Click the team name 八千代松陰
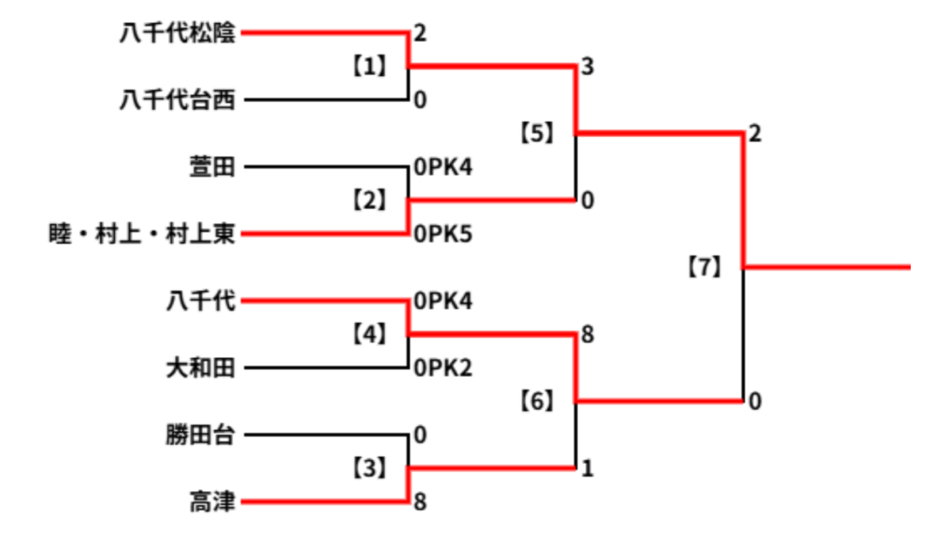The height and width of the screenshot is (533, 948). point(177,32)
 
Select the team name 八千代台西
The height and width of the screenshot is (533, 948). point(177,100)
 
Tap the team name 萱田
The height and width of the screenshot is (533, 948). point(212,167)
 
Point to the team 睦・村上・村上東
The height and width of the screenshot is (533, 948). point(142,234)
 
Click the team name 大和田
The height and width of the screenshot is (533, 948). point(201,367)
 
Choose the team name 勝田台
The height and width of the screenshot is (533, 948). point(201,435)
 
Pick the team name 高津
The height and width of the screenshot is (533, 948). point(212,502)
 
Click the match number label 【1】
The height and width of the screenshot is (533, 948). point(369,66)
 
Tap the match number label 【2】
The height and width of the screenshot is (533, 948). point(369,200)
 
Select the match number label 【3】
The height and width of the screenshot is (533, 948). point(369,467)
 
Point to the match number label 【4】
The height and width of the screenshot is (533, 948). point(369,333)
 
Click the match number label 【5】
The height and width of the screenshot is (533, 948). point(537,133)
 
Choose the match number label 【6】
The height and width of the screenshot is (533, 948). point(537,401)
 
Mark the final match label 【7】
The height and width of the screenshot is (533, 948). point(705,266)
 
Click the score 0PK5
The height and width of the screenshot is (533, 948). point(443,234)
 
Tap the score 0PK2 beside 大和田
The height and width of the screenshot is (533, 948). point(443,367)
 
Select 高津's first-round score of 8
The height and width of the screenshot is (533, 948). point(420,502)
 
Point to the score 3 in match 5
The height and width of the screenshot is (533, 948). point(588,67)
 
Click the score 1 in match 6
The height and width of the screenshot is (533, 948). point(587,467)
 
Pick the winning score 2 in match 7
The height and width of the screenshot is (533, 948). point(755,133)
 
